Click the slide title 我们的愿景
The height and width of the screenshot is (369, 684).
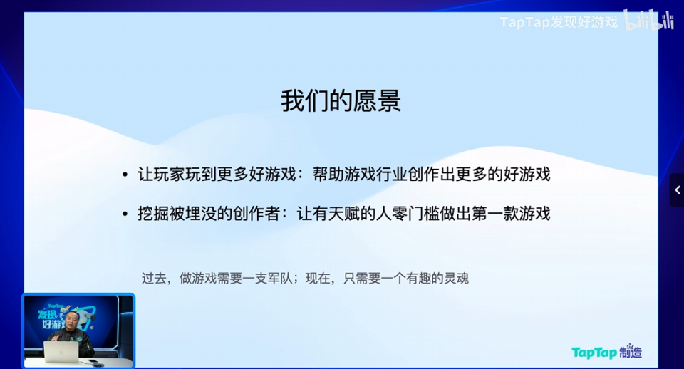coord(341,101)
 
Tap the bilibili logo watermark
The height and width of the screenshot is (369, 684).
coord(648,21)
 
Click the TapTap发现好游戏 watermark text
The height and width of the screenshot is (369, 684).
coord(559,22)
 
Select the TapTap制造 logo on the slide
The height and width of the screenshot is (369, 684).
coord(606,352)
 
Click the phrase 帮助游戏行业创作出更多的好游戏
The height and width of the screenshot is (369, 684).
coord(431,175)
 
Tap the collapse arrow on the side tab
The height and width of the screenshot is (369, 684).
coord(677,189)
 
